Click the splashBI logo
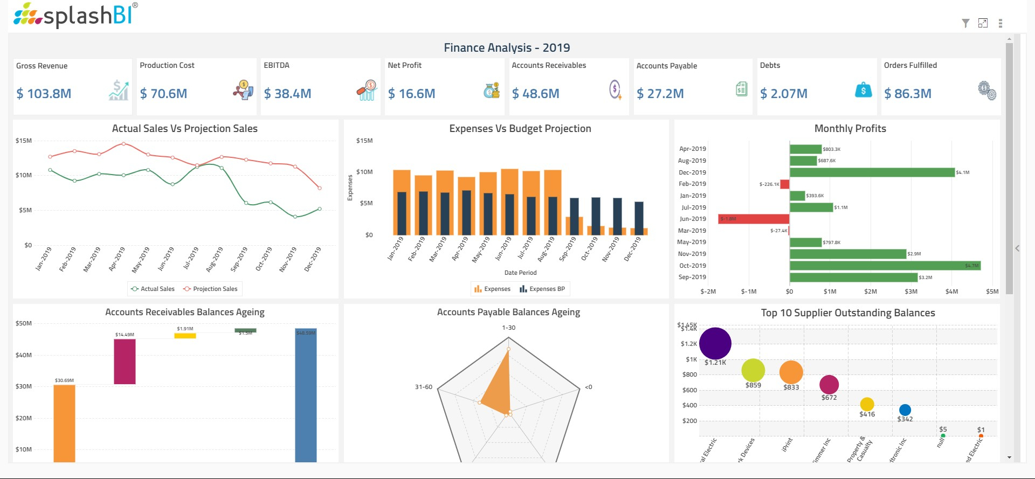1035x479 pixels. point(75,15)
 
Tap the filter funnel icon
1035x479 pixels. point(965,23)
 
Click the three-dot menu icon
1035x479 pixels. point(1000,23)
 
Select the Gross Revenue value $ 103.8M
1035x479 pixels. point(44,94)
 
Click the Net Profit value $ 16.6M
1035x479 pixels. point(411,94)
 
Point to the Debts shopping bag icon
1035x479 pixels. point(863,90)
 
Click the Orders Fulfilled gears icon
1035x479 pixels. point(987,90)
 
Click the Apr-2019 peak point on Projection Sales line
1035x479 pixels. point(123,144)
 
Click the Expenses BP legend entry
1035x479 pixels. point(542,289)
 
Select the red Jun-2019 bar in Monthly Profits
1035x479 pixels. point(754,219)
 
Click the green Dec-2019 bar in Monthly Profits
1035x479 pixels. point(872,172)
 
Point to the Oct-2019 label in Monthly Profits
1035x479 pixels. point(692,266)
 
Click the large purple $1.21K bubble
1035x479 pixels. point(715,343)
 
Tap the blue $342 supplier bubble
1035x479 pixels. point(905,410)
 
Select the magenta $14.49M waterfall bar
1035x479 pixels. point(125,361)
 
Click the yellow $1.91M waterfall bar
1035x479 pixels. point(185,336)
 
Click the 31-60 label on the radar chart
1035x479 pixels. point(423,387)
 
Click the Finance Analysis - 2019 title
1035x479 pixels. point(507,48)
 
